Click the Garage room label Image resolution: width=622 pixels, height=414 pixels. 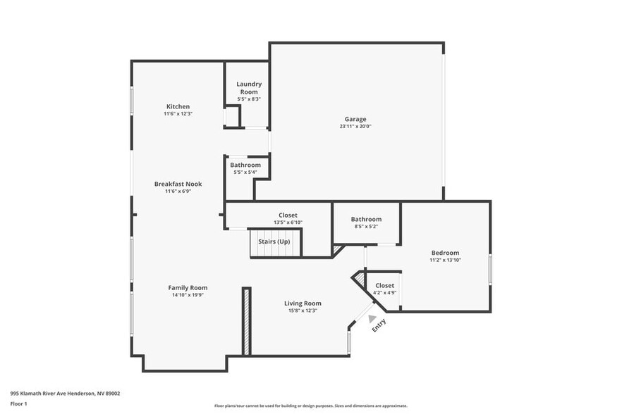(355, 119)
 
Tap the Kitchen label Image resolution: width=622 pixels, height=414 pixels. (178, 106)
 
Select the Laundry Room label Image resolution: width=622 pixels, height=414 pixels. (248, 88)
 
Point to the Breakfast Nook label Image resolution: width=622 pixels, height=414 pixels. (178, 184)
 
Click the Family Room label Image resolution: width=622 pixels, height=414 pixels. (188, 287)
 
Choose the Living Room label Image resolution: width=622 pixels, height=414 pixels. (303, 303)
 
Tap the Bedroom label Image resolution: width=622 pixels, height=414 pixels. (445, 253)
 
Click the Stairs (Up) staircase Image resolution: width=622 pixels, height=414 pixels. (274, 243)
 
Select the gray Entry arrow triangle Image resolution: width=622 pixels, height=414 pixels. (372, 318)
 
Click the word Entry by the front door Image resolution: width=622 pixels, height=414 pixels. (379, 325)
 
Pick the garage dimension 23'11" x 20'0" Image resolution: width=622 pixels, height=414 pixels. (355, 127)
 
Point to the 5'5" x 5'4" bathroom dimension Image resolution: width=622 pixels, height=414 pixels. (245, 172)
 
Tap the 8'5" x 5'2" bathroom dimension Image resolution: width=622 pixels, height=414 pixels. (366, 227)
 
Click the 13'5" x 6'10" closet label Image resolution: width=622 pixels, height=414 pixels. (288, 222)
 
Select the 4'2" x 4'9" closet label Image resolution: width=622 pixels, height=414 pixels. (384, 293)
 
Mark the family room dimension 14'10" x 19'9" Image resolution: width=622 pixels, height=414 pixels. (188, 295)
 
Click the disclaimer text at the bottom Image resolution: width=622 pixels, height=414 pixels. (310, 406)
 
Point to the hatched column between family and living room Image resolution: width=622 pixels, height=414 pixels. (246, 320)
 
